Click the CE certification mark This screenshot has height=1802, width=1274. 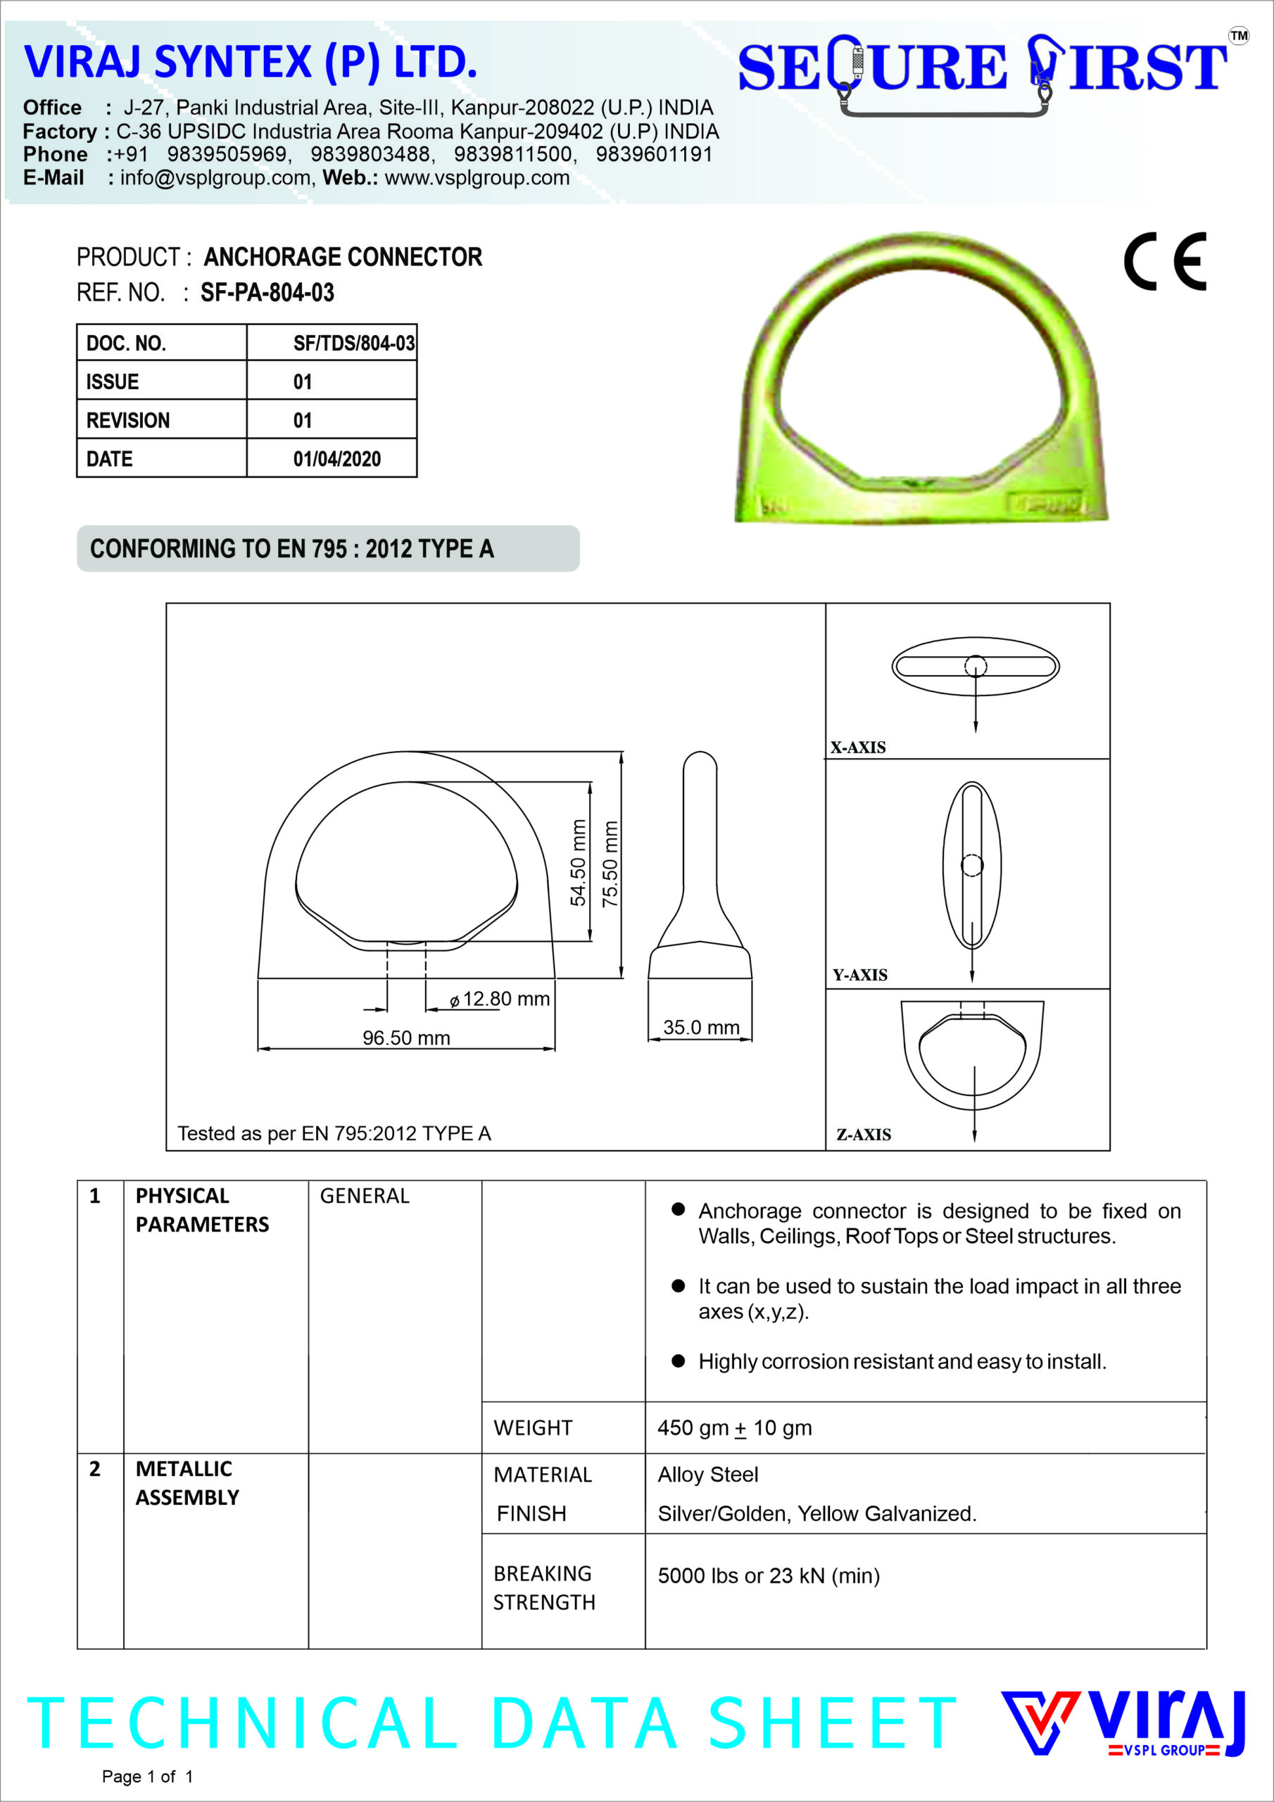(1164, 262)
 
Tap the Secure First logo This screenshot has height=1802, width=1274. (982, 70)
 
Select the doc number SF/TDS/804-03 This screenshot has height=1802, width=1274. (354, 343)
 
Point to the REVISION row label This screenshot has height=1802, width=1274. (128, 421)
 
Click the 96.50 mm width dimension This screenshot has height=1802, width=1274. (406, 1038)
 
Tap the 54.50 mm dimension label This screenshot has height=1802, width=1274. (579, 862)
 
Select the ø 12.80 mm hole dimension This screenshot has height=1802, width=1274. (500, 999)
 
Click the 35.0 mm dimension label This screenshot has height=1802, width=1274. (701, 1028)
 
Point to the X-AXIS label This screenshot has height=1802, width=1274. (858, 747)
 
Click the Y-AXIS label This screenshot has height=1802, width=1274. (859, 975)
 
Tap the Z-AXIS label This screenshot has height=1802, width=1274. (864, 1134)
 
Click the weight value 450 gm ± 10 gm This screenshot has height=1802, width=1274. (734, 1428)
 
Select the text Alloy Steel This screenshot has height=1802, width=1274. (707, 1475)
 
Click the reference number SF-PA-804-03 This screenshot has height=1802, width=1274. (267, 293)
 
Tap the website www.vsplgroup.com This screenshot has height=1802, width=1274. (477, 177)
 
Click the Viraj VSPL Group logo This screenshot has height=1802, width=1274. (1123, 1722)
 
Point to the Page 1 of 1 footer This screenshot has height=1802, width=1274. (147, 1777)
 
